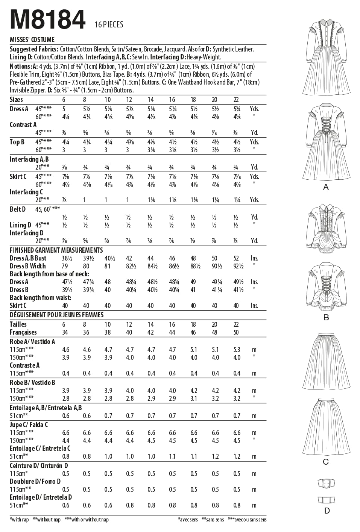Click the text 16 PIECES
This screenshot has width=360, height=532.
tap(109, 25)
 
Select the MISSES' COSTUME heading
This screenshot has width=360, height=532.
tap(32, 39)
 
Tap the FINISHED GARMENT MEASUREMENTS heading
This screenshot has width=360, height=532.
tap(56, 250)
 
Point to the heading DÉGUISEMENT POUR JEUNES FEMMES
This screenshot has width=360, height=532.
tap(56, 315)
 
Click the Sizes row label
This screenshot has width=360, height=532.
tap(16, 100)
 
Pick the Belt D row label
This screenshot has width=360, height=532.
tap(18, 209)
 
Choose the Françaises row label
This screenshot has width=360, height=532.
tap(23, 332)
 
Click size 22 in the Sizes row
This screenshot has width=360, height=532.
tap(236, 100)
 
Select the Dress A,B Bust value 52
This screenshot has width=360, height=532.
tap(236, 258)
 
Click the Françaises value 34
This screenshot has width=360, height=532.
tap(65, 332)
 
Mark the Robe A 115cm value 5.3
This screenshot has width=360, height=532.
tap(236, 350)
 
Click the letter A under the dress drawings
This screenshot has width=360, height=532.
tap(326, 187)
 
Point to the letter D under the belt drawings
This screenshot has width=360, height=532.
tap(327, 510)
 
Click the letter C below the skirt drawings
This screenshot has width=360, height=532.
tap(326, 462)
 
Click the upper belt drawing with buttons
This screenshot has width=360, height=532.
tap(326, 483)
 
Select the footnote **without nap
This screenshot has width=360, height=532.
tap(47, 520)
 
